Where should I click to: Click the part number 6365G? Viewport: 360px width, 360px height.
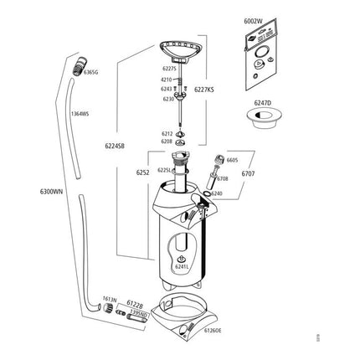click(91, 73)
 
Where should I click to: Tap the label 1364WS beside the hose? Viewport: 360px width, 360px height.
click(80, 113)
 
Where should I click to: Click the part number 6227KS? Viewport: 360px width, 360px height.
click(204, 88)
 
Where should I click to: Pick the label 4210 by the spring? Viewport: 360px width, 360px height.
click(166, 80)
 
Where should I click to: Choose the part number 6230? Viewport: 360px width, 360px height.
click(168, 98)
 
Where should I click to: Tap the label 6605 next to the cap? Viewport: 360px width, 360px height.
click(233, 159)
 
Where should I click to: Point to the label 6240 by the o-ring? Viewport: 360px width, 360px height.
click(217, 193)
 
